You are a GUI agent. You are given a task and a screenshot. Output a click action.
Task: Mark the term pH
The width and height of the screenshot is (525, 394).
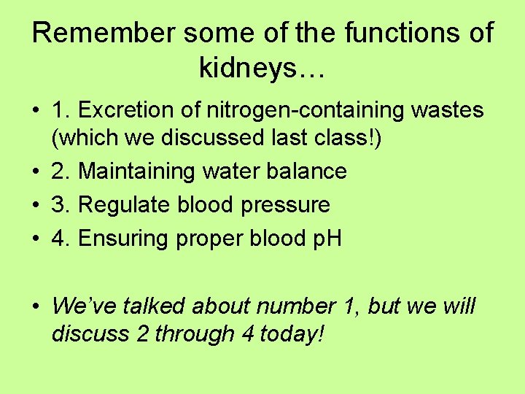point(327,239)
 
